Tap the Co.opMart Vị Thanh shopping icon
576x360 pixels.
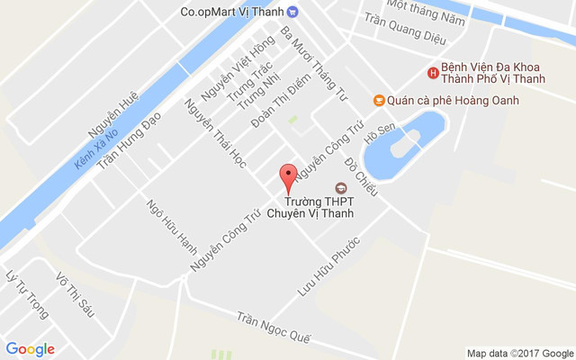coord(304,12)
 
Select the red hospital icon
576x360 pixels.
coord(433,73)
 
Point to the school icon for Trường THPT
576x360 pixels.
coord(340,188)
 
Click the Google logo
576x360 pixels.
coord(30,349)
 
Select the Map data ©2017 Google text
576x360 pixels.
coord(518,353)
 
